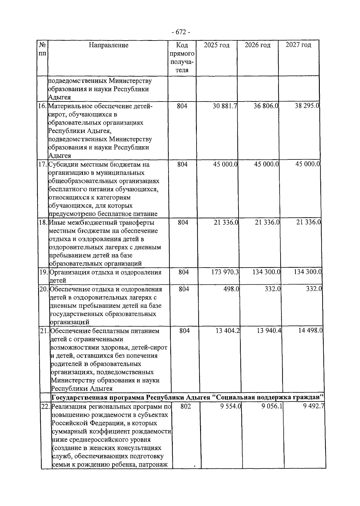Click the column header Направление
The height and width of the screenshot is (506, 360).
click(108, 45)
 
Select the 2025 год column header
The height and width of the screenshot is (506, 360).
click(217, 45)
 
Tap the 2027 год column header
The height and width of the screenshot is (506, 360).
click(298, 45)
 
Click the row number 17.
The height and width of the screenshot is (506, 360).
click(43, 165)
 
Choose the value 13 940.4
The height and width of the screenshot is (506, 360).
click(269, 331)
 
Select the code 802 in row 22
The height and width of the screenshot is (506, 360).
click(186, 406)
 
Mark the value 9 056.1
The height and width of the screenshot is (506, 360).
click(271, 406)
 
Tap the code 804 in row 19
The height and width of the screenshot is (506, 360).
click(184, 272)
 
